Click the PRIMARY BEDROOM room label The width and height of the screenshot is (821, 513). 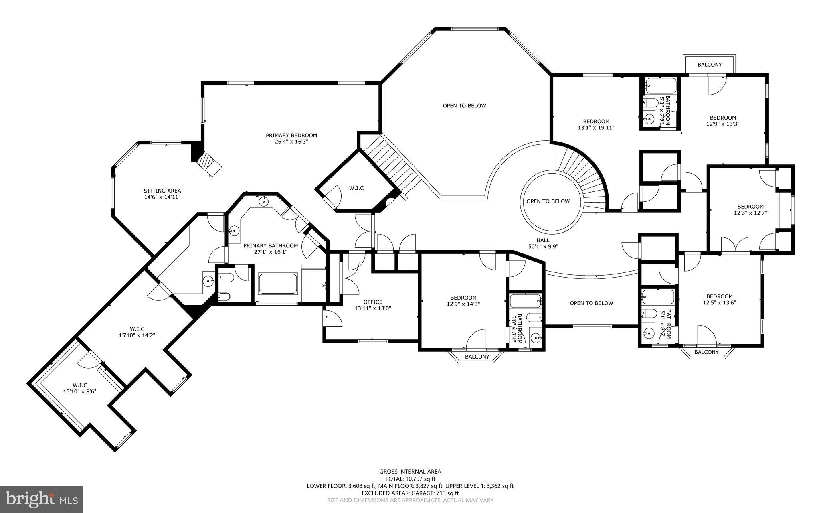tap(291, 135)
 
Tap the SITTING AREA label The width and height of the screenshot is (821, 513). tap(162, 191)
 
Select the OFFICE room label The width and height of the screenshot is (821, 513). tap(373, 302)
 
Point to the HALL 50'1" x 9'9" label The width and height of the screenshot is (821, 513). tap(543, 243)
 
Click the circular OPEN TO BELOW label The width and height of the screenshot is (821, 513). tap(548, 201)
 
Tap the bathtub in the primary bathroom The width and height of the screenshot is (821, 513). tap(278, 284)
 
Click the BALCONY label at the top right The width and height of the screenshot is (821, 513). tap(709, 65)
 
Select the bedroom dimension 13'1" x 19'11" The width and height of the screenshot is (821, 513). tap(596, 128)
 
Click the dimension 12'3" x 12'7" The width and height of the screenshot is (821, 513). tap(750, 213)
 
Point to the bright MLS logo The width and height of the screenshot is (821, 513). tap(42, 499)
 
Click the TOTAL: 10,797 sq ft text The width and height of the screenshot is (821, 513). tap(410, 479)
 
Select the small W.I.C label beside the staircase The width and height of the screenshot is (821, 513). tap(356, 188)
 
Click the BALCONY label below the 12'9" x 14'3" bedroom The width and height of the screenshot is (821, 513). tap(477, 357)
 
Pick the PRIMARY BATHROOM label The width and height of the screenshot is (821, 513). tap(271, 246)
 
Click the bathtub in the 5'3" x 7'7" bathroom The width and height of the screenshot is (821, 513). tap(660, 86)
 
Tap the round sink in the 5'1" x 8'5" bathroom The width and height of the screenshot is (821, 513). tap(648, 333)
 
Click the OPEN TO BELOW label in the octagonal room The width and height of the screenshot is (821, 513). tap(464, 106)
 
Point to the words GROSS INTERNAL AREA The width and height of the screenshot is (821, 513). tap(410, 472)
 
